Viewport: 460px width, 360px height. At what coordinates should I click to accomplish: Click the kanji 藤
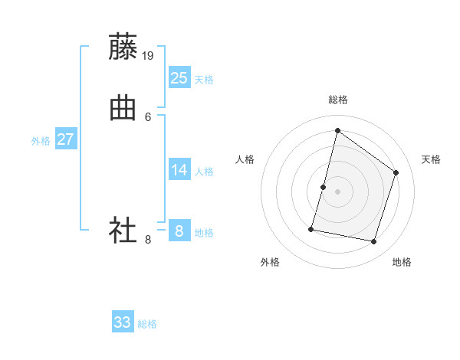pyautogui.click(x=123, y=47)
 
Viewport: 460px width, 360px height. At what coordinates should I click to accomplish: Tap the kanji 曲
pyautogui.click(x=123, y=109)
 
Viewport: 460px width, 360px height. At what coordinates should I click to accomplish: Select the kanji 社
pyautogui.click(x=123, y=230)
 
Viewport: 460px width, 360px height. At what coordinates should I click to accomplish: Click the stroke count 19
pyautogui.click(x=149, y=55)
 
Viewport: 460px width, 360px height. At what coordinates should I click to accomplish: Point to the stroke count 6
pyautogui.click(x=148, y=116)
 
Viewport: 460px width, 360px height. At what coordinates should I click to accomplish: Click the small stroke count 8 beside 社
pyautogui.click(x=148, y=239)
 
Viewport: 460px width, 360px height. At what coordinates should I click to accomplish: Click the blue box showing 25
pyautogui.click(x=179, y=78)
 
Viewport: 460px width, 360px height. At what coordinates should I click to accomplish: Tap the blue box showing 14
pyautogui.click(x=179, y=170)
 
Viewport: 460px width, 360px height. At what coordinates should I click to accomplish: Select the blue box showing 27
pyautogui.click(x=66, y=139)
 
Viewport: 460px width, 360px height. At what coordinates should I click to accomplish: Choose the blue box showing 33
pyautogui.click(x=123, y=322)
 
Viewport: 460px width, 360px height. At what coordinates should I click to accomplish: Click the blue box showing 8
pyautogui.click(x=179, y=231)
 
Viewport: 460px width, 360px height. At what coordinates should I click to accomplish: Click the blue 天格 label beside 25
pyautogui.click(x=204, y=80)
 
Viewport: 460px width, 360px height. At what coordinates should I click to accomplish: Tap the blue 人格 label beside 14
pyautogui.click(x=204, y=172)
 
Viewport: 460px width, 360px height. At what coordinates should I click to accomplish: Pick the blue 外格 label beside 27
pyautogui.click(x=41, y=141)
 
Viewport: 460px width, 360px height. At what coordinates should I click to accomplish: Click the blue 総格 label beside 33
pyautogui.click(x=147, y=324)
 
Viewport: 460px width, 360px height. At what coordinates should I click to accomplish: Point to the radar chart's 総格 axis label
pyautogui.click(x=337, y=100)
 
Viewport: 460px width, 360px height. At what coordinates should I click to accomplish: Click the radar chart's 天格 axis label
pyautogui.click(x=431, y=159)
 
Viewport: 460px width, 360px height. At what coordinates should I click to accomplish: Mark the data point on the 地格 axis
pyautogui.click(x=373, y=242)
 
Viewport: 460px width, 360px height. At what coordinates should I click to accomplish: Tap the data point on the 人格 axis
pyautogui.click(x=324, y=187)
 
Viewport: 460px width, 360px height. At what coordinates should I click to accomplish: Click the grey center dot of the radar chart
pyautogui.click(x=337, y=191)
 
